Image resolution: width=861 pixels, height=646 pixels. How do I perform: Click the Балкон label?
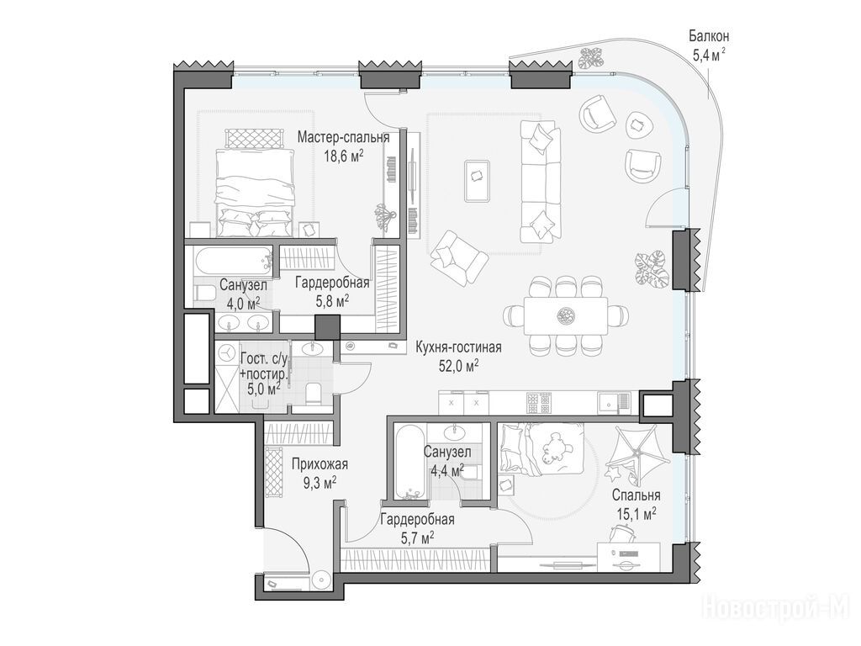(x=709, y=37)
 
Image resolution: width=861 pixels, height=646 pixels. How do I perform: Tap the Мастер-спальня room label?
(x=343, y=137)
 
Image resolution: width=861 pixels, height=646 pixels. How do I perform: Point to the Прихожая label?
(x=320, y=464)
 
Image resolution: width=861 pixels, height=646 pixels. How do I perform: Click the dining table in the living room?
(x=565, y=315)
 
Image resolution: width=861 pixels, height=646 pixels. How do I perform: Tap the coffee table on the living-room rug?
(x=477, y=180)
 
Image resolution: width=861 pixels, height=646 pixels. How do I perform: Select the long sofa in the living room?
(x=541, y=182)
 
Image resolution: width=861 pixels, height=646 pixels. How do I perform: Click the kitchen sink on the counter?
(x=609, y=404)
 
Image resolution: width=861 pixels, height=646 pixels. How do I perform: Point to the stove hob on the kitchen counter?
(x=538, y=404)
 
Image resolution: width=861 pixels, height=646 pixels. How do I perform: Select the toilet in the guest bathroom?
(x=314, y=392)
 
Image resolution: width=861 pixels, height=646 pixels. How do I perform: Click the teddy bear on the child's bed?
(x=551, y=447)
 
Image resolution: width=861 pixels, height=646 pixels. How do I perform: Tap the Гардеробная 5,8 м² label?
(x=331, y=292)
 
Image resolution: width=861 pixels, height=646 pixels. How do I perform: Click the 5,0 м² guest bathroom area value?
(x=264, y=389)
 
